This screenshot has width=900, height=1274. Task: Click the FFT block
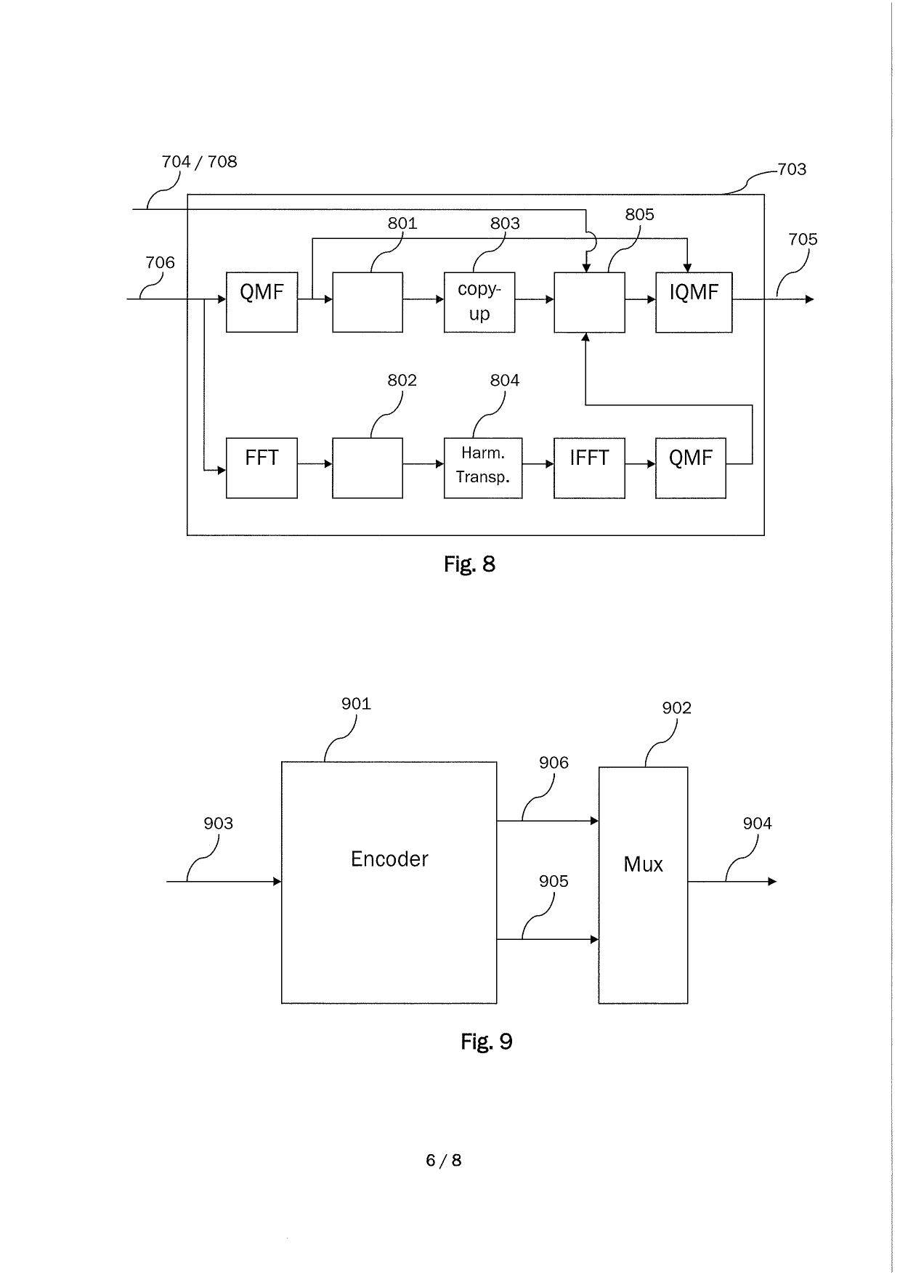[262, 468]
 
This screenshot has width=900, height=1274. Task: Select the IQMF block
[694, 302]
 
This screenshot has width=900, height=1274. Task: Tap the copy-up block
[479, 302]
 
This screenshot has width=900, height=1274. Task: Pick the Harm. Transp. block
[483, 468]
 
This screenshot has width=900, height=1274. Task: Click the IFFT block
[589, 468]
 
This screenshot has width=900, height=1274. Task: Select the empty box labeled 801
[368, 302]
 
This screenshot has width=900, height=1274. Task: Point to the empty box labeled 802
[368, 468]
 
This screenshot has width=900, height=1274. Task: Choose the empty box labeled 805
[589, 302]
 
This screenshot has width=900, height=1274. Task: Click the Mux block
[643, 885]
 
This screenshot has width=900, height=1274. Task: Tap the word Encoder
[389, 859]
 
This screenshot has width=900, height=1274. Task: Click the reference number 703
[792, 169]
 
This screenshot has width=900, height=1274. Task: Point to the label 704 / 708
[199, 161]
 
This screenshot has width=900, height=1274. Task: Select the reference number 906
[554, 763]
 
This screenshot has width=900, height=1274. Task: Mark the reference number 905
[554, 881]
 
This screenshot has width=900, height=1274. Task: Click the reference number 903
[218, 823]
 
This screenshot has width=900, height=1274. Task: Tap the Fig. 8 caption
[469, 564]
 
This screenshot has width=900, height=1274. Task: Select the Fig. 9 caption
[486, 1042]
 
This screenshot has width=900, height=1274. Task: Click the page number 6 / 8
[443, 1160]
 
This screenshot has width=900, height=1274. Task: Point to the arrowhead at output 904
[772, 882]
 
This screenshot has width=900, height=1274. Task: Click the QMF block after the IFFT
[690, 468]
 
